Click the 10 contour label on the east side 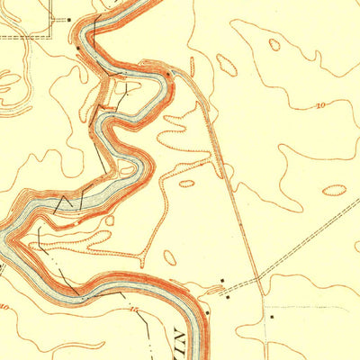tap(321, 106)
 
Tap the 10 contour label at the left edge tap(4, 308)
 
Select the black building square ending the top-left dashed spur tap(68, 18)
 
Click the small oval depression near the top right tap(274, 44)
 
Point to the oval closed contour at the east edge tap(334, 190)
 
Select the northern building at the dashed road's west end tap(222, 281)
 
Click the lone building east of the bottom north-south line tap(272, 317)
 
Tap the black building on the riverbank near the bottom tap(206, 312)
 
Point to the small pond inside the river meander tap(127, 168)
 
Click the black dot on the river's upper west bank tap(79, 48)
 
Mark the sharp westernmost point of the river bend tap(12, 236)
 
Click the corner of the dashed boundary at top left tap(51, 36)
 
